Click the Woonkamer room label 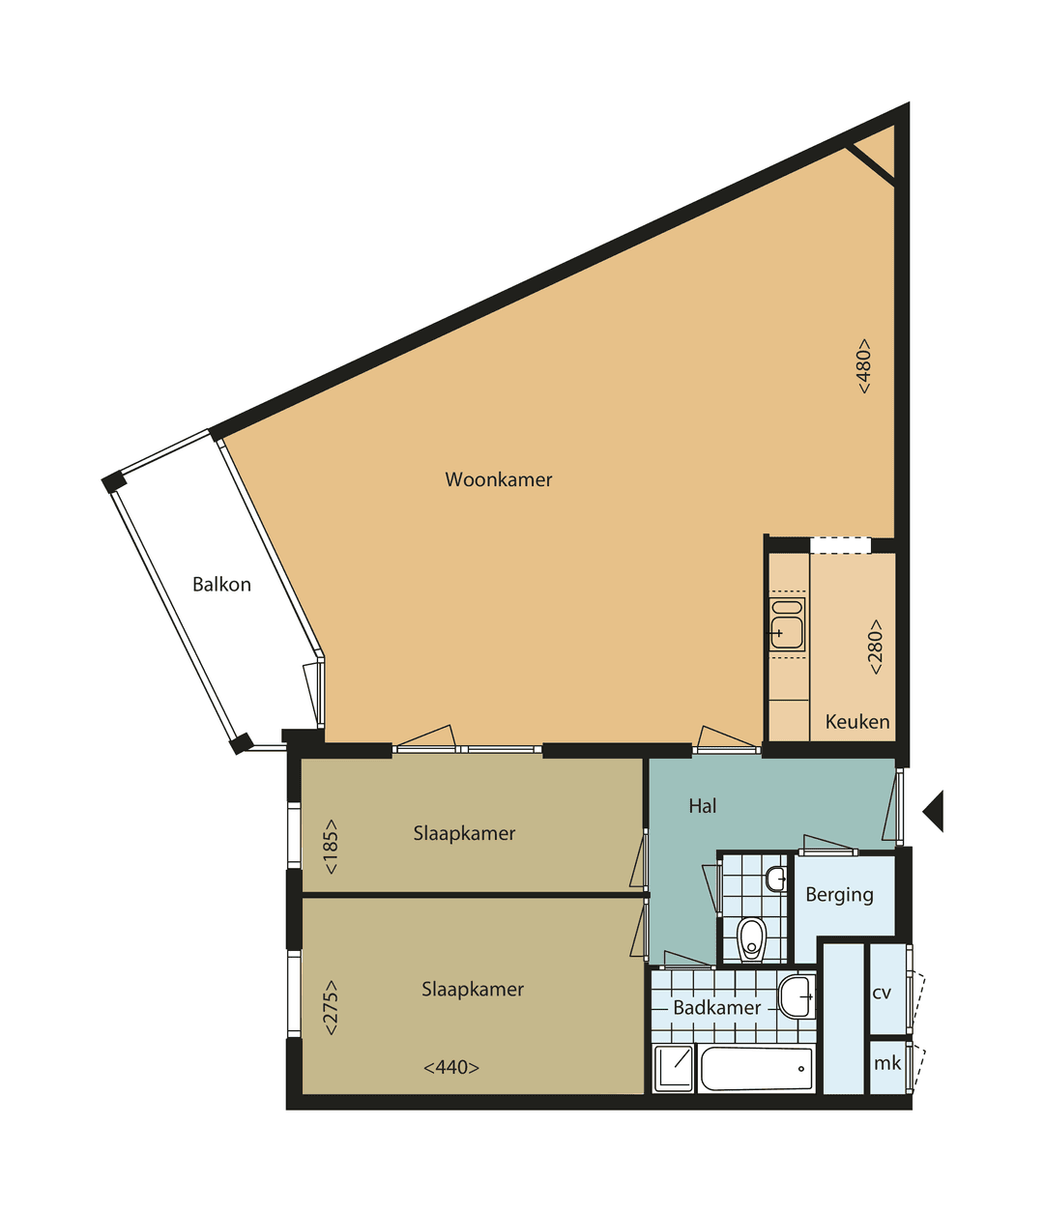[498, 479]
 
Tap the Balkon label [221, 585]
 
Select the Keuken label [857, 722]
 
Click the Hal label [703, 806]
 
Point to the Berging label [839, 895]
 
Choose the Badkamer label [717, 1008]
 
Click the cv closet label [882, 994]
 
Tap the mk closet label [886, 1064]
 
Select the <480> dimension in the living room [863, 365]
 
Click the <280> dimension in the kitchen [875, 647]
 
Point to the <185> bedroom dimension [331, 847]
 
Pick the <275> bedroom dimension [331, 1008]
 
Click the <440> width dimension [451, 1068]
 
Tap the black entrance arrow [934, 810]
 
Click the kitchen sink [787, 624]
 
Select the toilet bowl [751, 938]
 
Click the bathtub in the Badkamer [756, 1069]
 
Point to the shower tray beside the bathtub [674, 1069]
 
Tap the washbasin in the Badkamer [797, 996]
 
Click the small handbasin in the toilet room [775, 879]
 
